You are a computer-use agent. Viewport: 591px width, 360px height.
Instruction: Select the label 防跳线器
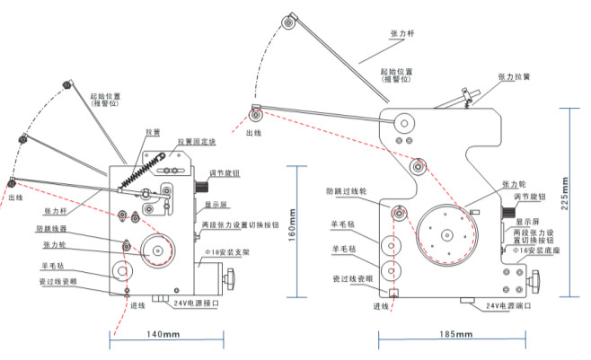58,229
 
